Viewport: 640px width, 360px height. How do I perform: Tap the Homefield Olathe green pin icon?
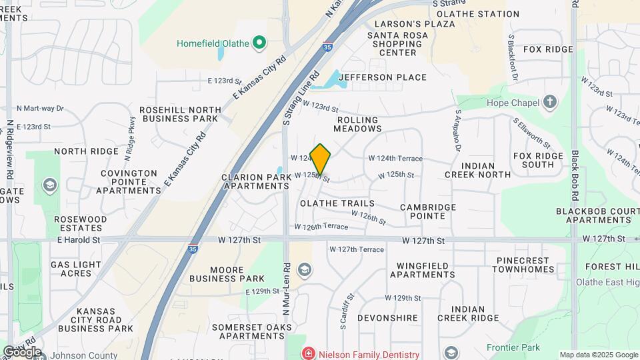[x=259, y=44]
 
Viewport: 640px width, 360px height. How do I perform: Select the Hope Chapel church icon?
[x=549, y=103]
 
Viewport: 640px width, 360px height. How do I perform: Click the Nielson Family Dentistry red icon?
[x=308, y=353]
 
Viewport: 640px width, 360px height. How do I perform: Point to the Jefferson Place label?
[x=382, y=77]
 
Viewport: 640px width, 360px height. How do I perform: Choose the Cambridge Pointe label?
[x=428, y=211]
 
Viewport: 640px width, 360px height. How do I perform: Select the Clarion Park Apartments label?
[x=256, y=182]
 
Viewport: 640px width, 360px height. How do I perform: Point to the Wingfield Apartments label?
[x=423, y=269]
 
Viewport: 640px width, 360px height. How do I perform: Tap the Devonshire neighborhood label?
[x=387, y=319]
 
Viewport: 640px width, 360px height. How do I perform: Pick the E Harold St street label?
[x=79, y=239]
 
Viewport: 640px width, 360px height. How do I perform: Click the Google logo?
[x=22, y=351]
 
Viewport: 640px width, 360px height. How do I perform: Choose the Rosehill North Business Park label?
[x=180, y=114]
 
